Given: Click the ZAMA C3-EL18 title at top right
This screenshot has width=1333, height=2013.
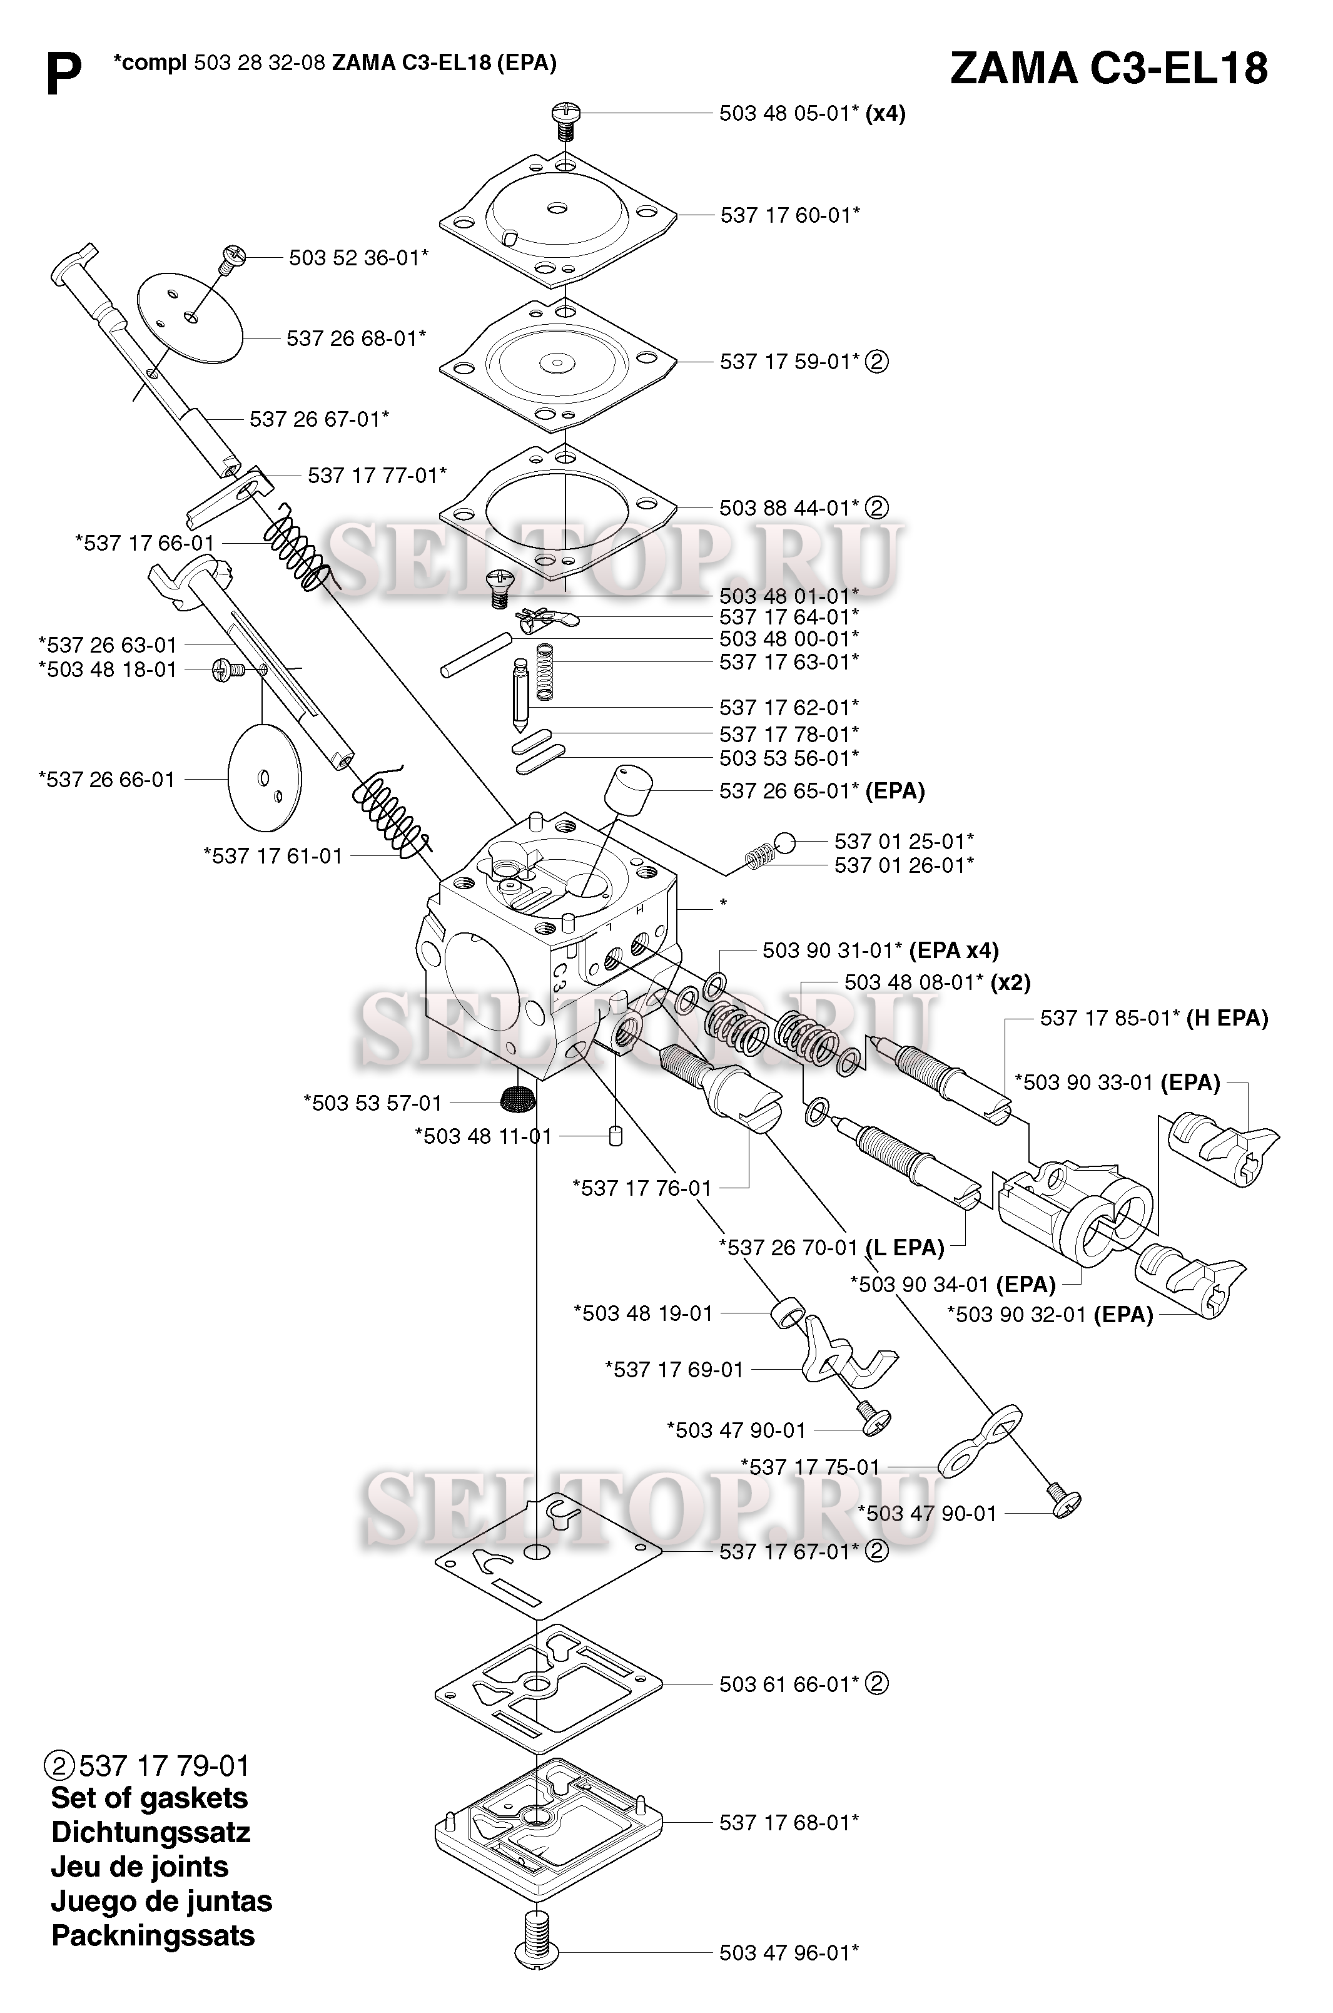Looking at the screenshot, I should [x=1108, y=68].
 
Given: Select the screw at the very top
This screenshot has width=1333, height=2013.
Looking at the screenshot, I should [x=564, y=121].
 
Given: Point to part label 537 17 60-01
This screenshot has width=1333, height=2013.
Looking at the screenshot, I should [x=789, y=215].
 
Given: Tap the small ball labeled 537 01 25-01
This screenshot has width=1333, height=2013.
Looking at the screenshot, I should [x=784, y=842].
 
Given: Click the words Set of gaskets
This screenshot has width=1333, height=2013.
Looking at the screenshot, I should [x=149, y=1798].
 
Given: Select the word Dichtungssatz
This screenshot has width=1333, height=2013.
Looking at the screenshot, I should [x=151, y=1832].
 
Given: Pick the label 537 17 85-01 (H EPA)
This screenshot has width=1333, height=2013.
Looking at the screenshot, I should [x=1153, y=1018].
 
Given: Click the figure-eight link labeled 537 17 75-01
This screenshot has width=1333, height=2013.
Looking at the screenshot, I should [x=980, y=1443].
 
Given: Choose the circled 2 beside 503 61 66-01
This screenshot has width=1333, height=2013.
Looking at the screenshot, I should [x=876, y=1684].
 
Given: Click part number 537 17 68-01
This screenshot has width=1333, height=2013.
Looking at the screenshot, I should [x=789, y=1823].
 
